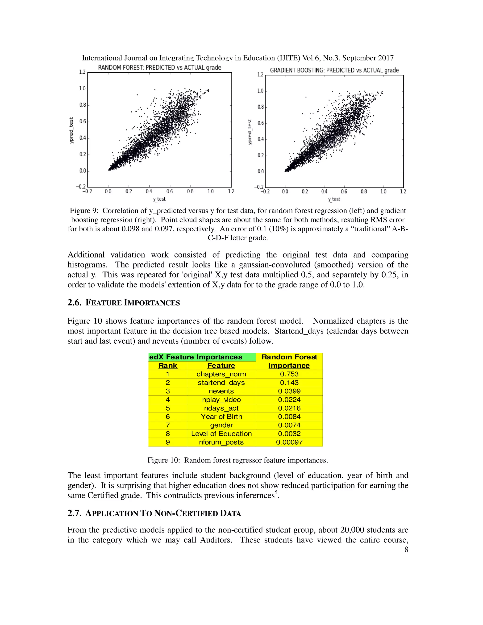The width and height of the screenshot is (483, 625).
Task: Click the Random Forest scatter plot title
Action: click(159, 67)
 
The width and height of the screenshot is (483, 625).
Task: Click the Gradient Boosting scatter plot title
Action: click(334, 70)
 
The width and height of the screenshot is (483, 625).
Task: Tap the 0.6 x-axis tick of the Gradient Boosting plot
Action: click(344, 192)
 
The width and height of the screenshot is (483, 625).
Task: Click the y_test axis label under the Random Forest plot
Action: click(159, 199)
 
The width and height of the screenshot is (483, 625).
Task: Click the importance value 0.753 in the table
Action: click(289, 374)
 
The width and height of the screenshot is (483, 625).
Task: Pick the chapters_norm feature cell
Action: click(221, 374)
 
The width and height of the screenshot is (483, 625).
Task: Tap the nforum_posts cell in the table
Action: click(221, 442)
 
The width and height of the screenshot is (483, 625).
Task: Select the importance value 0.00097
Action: click(289, 442)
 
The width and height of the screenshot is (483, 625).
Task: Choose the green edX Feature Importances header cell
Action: click(201, 357)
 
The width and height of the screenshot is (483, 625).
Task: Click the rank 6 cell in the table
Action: click(168, 417)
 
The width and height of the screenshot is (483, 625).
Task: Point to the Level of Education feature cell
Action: click(221, 433)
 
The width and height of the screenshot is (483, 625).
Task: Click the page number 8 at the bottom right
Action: click(406, 549)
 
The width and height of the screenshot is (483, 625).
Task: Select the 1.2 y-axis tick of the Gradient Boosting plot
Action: click(260, 75)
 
